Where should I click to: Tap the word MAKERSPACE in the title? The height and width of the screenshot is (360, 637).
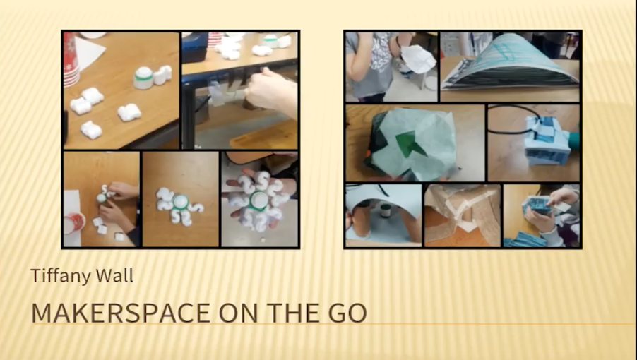coord(121,313)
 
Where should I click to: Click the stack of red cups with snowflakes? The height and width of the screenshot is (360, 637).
coord(71,59)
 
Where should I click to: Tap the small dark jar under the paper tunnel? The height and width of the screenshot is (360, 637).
coord(385,210)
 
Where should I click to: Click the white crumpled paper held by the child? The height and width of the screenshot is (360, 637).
coord(418,59)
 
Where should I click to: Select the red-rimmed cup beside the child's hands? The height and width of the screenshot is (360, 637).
coord(73,223)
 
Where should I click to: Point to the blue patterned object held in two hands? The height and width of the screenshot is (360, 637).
coord(537,206)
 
